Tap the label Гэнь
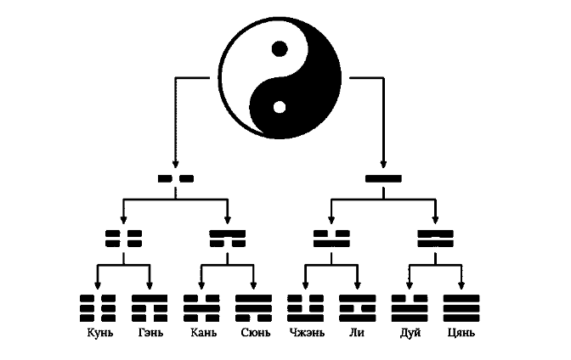pos(150,331)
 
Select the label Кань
pos(202,331)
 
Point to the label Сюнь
pos(253,331)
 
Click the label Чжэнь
pos(305,331)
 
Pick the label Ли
pos(357,331)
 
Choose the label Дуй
pos(410,331)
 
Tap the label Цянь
pos(461,331)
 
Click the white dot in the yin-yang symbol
pos(279,108)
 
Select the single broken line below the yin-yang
pos(176,179)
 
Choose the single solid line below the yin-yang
pos(383,179)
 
